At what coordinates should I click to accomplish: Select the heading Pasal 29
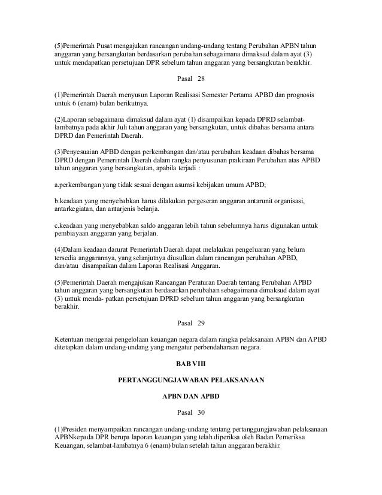(x=191, y=324)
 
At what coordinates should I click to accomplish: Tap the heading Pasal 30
(x=191, y=412)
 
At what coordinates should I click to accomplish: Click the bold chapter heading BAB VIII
(x=191, y=363)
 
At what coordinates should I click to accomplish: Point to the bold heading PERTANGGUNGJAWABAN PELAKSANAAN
(x=191, y=379)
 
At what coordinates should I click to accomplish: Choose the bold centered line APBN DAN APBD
(x=191, y=396)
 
